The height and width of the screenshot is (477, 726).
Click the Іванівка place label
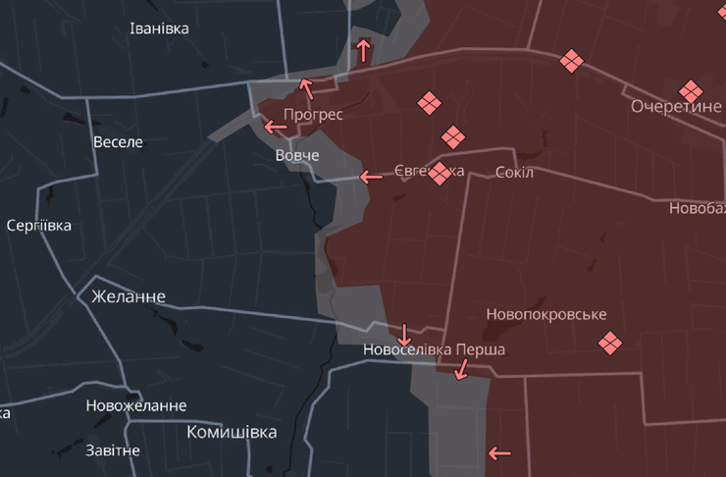(159, 27)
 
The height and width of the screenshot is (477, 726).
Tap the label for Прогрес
(314, 114)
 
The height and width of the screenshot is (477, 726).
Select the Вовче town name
(297, 156)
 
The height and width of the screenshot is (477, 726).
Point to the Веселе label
(118, 142)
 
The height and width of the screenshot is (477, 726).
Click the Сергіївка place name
(38, 226)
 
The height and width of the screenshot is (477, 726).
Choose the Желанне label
(129, 296)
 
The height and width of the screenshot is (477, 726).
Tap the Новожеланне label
(135, 405)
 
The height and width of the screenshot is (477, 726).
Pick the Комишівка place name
(232, 432)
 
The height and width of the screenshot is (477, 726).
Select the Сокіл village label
(515, 173)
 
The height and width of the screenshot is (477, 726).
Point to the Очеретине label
(676, 106)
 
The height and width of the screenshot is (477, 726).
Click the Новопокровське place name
(546, 315)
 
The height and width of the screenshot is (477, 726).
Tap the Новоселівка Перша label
(434, 349)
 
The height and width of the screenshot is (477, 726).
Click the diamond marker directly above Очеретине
(692, 89)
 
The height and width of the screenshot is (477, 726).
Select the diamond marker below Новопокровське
(610, 343)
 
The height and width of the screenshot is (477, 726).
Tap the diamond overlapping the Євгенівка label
(440, 174)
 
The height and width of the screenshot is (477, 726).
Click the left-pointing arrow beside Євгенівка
(371, 178)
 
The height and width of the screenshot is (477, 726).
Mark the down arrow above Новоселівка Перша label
(404, 333)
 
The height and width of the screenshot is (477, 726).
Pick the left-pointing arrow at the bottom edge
(499, 453)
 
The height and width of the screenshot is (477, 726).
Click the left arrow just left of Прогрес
(275, 127)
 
